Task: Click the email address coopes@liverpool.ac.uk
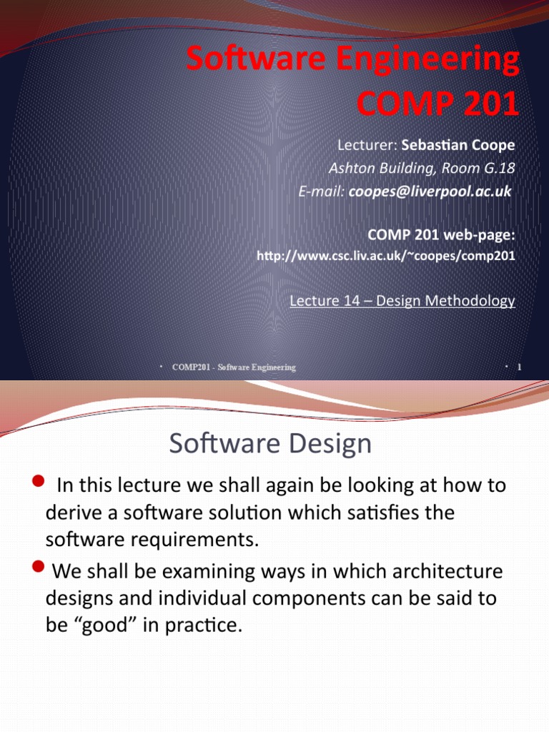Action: (x=430, y=192)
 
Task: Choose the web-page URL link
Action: (x=385, y=255)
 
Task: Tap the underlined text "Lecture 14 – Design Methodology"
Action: (x=402, y=301)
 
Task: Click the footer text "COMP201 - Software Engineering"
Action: (x=234, y=367)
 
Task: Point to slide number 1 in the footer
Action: (x=520, y=367)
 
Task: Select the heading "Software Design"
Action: (x=270, y=444)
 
